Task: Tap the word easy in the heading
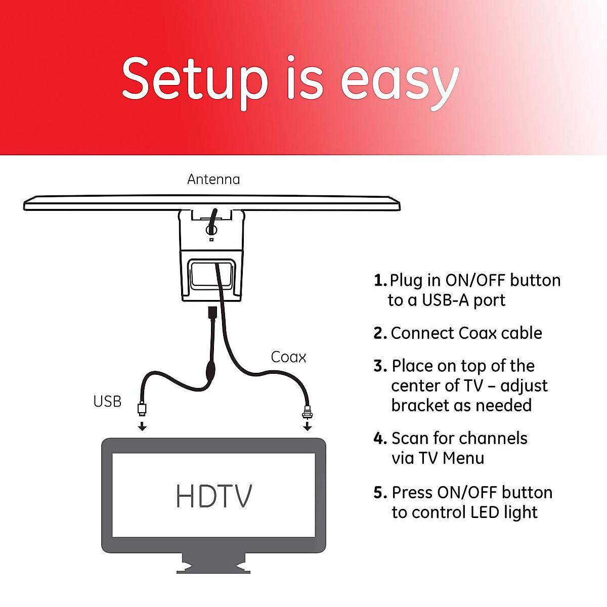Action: pyautogui.click(x=400, y=81)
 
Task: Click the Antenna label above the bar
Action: pyautogui.click(x=213, y=180)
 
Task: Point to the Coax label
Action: pyautogui.click(x=288, y=357)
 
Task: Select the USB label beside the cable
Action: pyautogui.click(x=107, y=402)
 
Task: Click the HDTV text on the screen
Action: pyautogui.click(x=213, y=496)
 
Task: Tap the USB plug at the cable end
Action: pyautogui.click(x=142, y=408)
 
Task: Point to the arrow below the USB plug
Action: pyautogui.click(x=143, y=426)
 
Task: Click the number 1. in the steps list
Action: pyautogui.click(x=380, y=280)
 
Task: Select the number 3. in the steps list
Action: pyautogui.click(x=380, y=366)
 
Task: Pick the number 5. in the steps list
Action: pyautogui.click(x=380, y=493)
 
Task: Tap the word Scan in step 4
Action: pyautogui.click(x=410, y=438)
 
